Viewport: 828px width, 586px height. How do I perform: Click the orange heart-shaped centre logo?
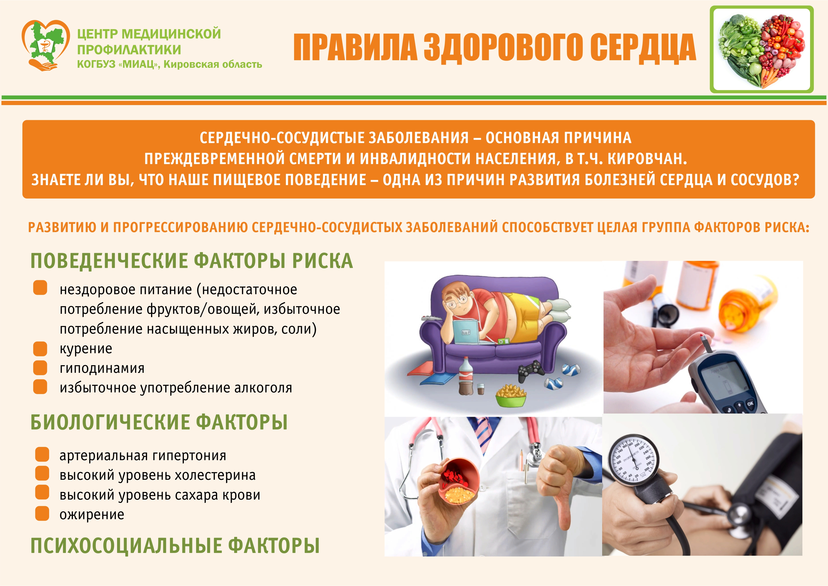click(x=46, y=45)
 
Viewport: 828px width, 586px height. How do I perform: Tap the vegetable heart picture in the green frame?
click(x=762, y=49)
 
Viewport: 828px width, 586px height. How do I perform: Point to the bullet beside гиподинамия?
click(x=40, y=368)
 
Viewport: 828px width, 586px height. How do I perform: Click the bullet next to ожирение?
click(x=42, y=514)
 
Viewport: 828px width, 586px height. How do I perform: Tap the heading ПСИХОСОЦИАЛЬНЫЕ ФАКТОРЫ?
click(x=175, y=545)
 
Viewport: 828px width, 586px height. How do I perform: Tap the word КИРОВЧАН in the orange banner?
click(x=647, y=159)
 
